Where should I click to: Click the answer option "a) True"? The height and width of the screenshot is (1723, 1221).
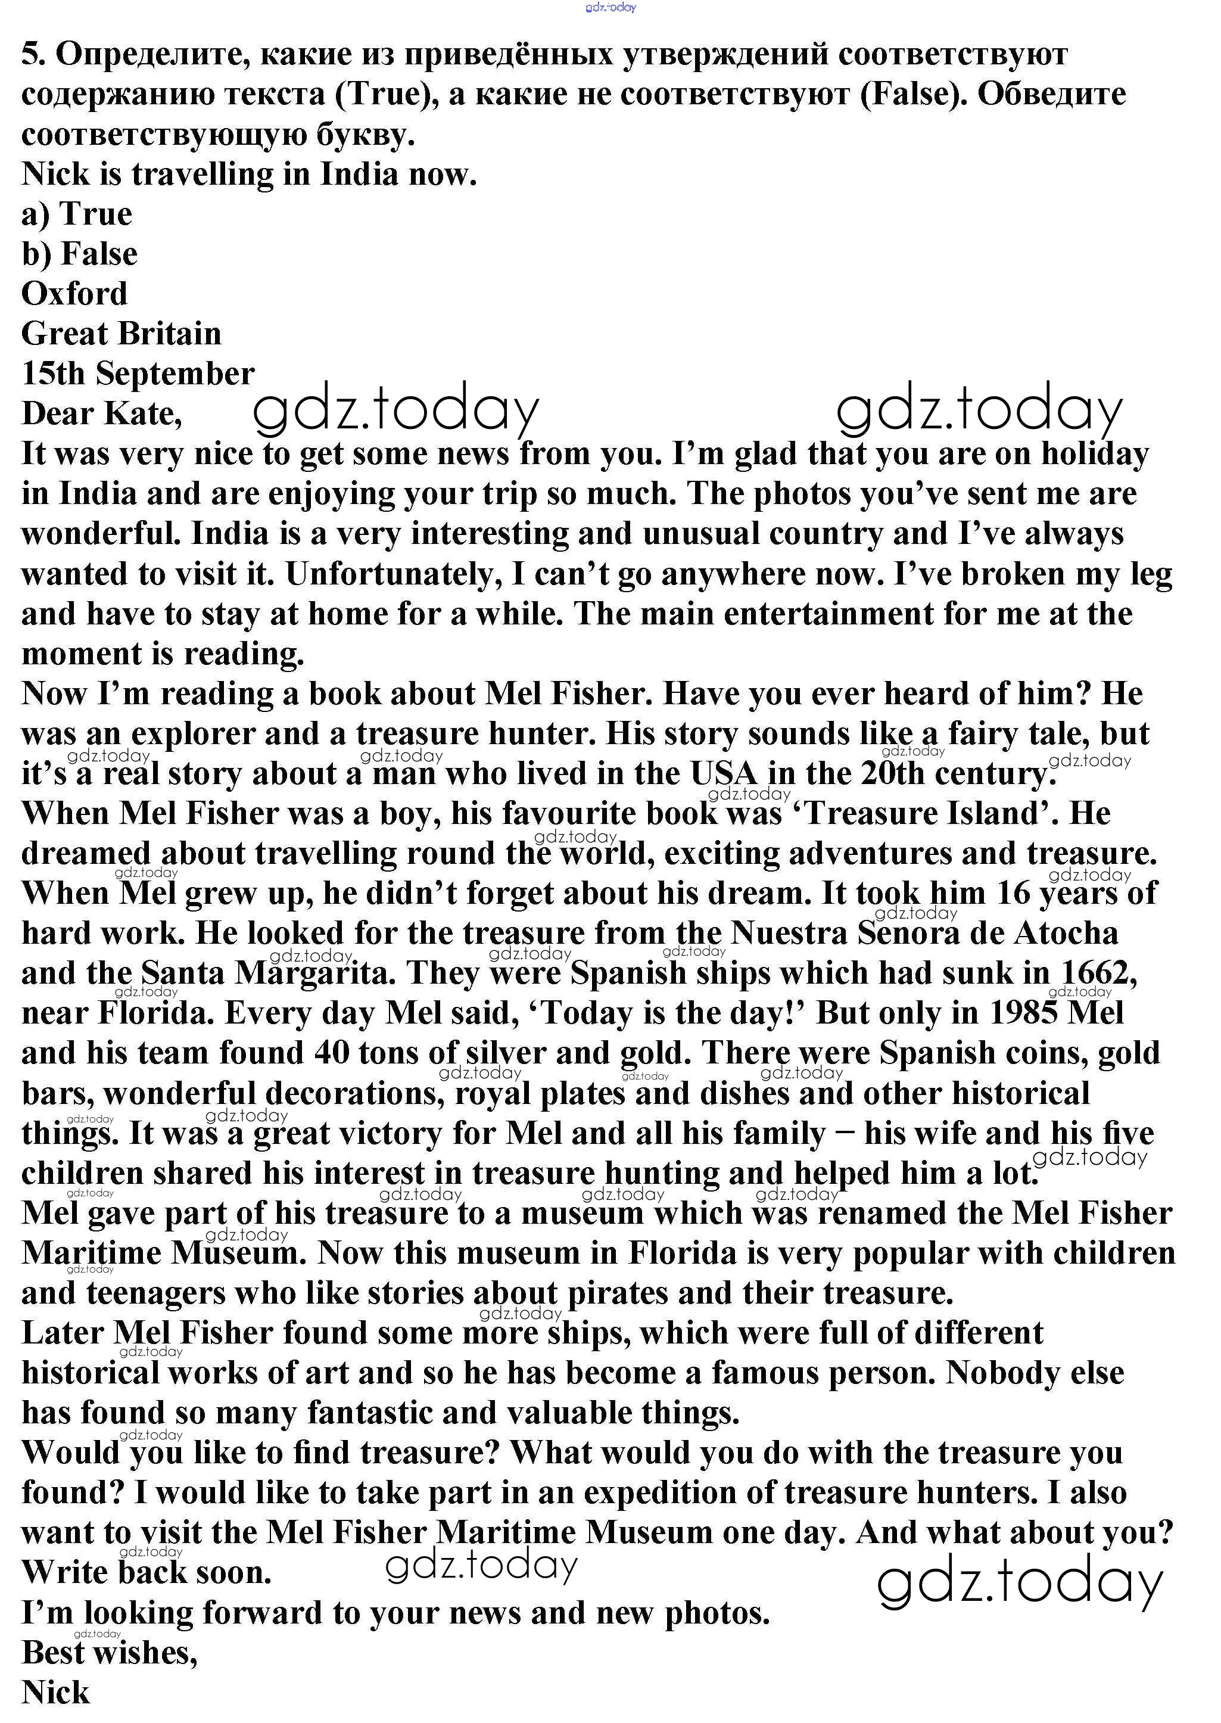pyautogui.click(x=77, y=214)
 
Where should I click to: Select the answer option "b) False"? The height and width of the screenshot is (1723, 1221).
pyautogui.click(x=80, y=254)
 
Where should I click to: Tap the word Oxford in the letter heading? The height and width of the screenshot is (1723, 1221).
pyautogui.click(x=74, y=294)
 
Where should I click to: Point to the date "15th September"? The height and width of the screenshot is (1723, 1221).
pyautogui.click(x=138, y=374)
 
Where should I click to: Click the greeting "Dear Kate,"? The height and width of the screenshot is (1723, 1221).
pyautogui.click(x=101, y=413)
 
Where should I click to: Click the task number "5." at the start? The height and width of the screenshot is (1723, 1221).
pyautogui.click(x=34, y=54)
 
